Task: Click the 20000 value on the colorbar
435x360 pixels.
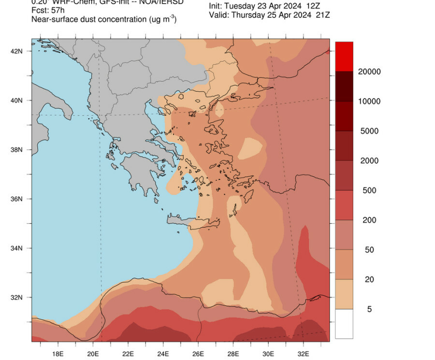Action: pos(370,72)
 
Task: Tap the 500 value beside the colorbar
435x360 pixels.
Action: pos(370,190)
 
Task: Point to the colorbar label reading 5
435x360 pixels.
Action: pos(370,309)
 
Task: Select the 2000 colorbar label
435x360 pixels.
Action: pos(370,161)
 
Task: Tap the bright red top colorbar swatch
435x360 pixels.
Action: pos(344,57)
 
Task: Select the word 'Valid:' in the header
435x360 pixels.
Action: pos(219,15)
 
